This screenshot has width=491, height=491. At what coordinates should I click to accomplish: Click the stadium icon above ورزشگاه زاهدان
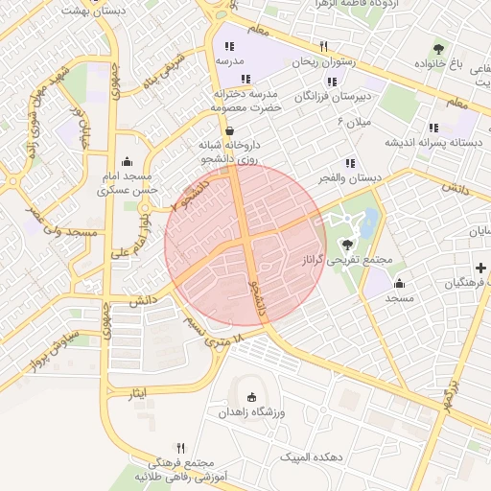click(x=252, y=397)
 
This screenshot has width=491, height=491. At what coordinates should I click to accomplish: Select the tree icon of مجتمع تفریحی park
click(x=346, y=245)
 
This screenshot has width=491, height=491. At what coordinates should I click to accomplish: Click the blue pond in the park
click(x=370, y=223)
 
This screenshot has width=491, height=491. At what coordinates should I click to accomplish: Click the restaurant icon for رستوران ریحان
click(x=324, y=46)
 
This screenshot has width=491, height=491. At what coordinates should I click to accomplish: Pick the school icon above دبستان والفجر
click(x=350, y=163)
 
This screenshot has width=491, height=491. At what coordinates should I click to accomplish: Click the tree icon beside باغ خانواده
click(x=438, y=49)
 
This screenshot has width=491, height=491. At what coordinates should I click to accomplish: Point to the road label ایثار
click(x=140, y=394)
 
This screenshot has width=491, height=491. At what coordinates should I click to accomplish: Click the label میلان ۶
click(x=354, y=123)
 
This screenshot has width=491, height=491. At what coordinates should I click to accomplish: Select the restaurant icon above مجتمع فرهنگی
click(x=180, y=447)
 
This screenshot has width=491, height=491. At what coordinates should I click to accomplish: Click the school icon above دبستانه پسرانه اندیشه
click(x=433, y=127)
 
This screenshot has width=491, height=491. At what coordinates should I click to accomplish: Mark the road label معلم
click(x=456, y=100)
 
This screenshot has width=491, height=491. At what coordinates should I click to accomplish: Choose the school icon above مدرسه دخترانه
click(x=246, y=79)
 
